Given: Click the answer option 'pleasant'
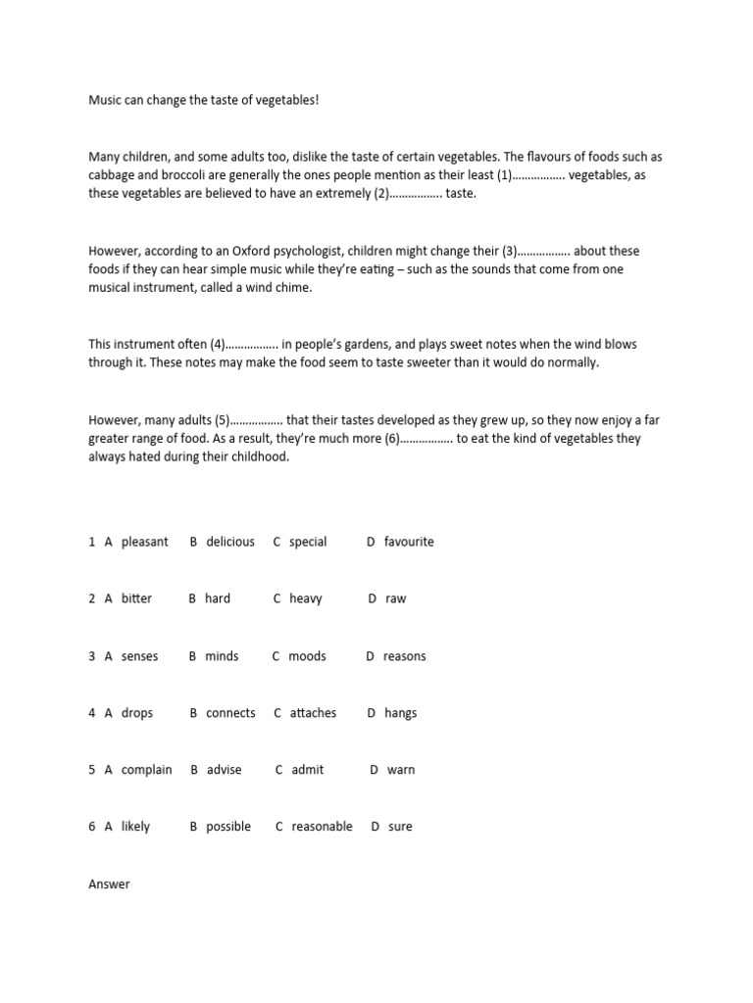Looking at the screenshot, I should [x=144, y=542].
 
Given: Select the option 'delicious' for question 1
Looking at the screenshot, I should [x=230, y=542].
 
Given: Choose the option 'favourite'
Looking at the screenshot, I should [x=409, y=542].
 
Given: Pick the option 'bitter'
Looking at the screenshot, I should [x=136, y=598].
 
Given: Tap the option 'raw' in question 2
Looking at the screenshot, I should [x=395, y=598].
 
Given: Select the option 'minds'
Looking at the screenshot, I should [x=222, y=656].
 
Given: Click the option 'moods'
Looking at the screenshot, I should [x=307, y=656].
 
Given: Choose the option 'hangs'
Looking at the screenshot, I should [x=400, y=713].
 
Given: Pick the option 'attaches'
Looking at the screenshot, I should [x=313, y=713].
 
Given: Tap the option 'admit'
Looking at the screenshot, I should [x=307, y=770].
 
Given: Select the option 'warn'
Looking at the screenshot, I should [x=401, y=770].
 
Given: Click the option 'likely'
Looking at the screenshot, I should [x=135, y=827].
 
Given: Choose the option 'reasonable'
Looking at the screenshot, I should [x=322, y=827].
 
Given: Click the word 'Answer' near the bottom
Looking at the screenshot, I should [x=109, y=884].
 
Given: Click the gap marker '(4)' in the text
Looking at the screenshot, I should [x=217, y=344].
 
